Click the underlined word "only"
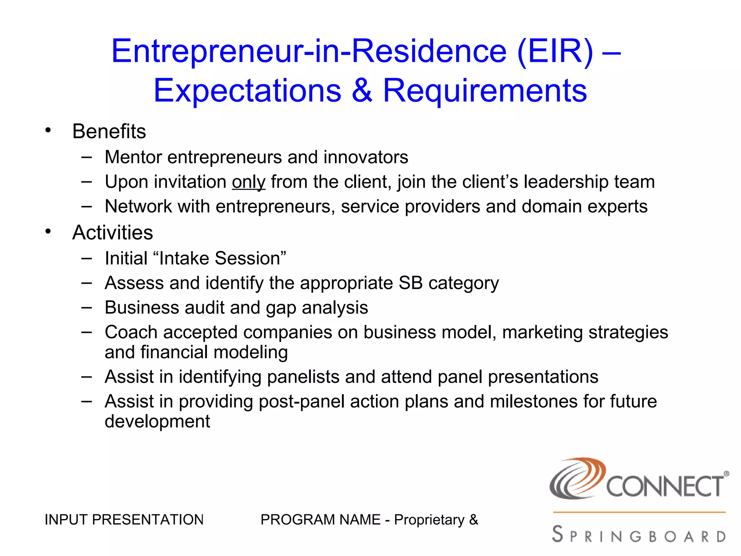[x=249, y=182]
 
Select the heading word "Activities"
[x=113, y=232]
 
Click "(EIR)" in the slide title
[x=555, y=51]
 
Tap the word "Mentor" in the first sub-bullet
[x=133, y=157]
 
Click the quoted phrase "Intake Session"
[x=219, y=258]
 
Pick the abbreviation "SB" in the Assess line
[x=410, y=283]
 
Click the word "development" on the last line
[x=157, y=421]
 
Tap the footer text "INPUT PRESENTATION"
[x=124, y=520]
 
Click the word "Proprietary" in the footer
[x=429, y=520]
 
